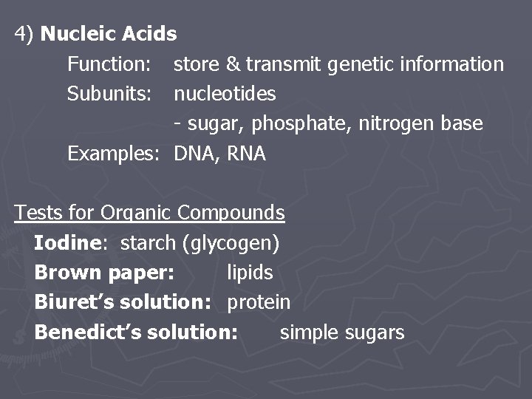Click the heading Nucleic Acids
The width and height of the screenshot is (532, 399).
tap(109, 34)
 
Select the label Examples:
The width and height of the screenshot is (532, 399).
tap(115, 154)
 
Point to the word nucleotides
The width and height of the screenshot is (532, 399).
tap(225, 94)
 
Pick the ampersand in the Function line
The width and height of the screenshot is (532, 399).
tap(233, 64)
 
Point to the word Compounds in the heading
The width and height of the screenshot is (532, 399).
tap(231, 213)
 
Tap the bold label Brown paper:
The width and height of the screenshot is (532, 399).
tap(104, 273)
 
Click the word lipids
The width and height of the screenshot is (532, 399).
tap(250, 273)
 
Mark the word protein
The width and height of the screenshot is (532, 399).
tap(259, 302)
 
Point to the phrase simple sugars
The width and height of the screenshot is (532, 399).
tap(342, 332)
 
